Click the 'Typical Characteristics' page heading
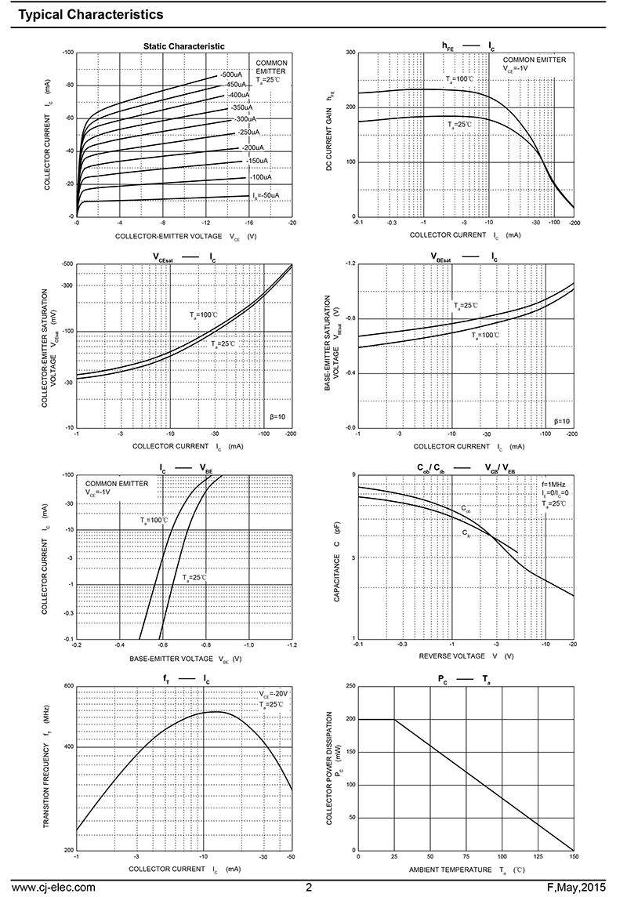90,14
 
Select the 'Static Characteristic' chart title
183,46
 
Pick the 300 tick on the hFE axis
350,53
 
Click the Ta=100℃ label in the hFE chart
460,79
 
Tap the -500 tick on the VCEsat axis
67,264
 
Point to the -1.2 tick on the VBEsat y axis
350,264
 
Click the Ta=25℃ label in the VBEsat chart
466,306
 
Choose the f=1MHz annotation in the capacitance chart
555,484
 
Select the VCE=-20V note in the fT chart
274,694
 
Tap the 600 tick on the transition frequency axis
67,686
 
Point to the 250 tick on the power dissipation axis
350,686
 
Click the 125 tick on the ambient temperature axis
538,856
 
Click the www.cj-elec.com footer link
54,887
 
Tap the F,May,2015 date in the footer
582,887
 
